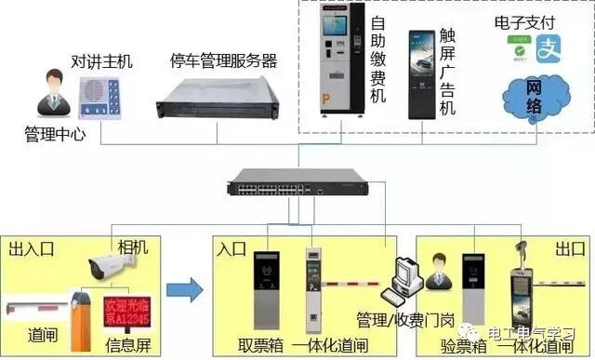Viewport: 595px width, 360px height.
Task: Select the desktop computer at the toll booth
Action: tap(405, 278)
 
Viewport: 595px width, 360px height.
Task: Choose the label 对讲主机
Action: tap(102, 61)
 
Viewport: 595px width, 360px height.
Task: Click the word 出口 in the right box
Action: tap(566, 248)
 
